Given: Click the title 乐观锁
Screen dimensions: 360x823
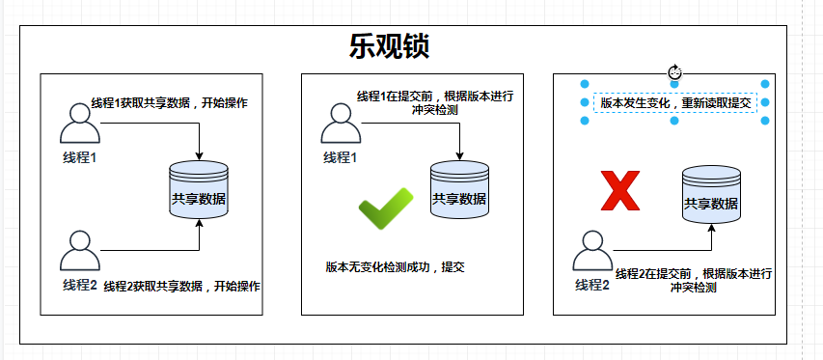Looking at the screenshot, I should [x=389, y=46].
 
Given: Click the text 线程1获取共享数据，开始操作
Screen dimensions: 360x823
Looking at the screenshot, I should [x=168, y=103].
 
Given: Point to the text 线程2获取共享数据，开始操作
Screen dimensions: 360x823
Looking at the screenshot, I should [x=182, y=286].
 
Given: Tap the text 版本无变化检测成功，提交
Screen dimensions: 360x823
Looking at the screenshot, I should [x=396, y=266].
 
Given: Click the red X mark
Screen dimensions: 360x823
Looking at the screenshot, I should [x=620, y=190].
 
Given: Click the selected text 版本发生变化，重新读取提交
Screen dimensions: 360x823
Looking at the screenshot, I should [x=675, y=101].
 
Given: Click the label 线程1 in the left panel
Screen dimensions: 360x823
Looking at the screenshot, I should [x=81, y=157].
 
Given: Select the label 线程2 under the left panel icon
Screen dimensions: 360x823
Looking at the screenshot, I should [x=80, y=285].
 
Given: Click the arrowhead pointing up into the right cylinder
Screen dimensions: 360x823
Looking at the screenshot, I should [x=711, y=228].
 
